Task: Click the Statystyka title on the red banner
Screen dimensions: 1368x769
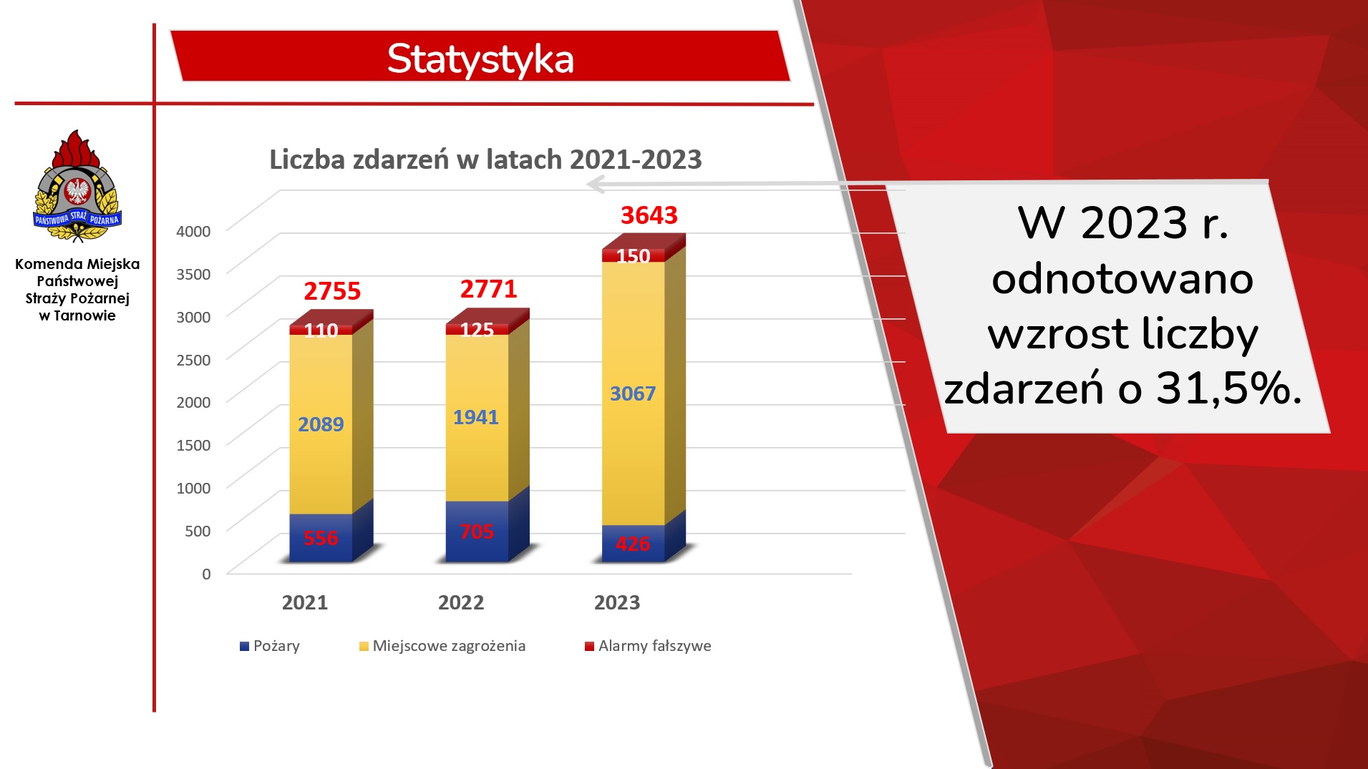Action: point(480,59)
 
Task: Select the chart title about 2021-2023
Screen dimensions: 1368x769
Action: point(485,159)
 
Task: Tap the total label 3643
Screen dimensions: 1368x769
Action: point(649,215)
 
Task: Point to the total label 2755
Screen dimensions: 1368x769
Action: point(332,291)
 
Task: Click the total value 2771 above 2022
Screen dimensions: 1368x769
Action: point(488,289)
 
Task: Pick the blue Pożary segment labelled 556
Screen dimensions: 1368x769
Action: point(321,538)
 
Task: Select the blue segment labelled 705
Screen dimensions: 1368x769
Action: point(477,532)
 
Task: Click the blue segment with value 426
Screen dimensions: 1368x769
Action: point(633,544)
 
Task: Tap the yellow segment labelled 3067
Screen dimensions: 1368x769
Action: point(633,393)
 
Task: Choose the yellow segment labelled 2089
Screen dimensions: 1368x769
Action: point(321,424)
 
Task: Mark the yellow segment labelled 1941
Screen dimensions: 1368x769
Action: point(477,418)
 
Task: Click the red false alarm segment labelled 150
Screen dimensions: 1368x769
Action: point(633,255)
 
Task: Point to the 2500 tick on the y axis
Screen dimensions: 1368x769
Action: point(193,360)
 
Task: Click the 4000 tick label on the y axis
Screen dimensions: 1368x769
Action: point(193,231)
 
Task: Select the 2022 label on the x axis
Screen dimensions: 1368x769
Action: point(461,602)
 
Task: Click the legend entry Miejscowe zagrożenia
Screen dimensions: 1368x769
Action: point(442,646)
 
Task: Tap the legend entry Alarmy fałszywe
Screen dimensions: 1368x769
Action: point(648,646)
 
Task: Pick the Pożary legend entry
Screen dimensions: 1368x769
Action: point(269,646)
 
